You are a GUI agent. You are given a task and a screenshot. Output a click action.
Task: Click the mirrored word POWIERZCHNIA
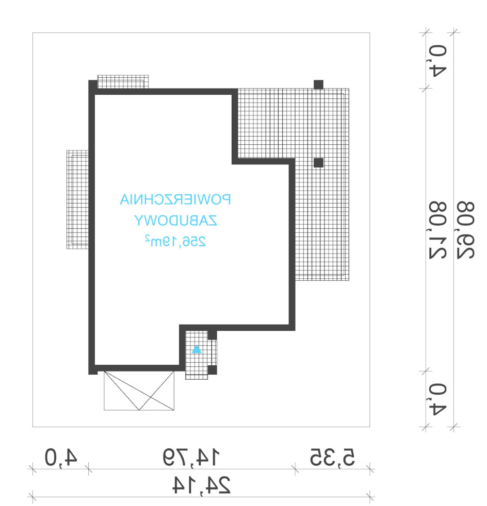pyautogui.click(x=175, y=199)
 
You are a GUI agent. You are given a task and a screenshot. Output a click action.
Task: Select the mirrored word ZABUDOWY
pyautogui.click(x=175, y=221)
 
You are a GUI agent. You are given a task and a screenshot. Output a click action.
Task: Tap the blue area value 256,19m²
pyautogui.click(x=175, y=241)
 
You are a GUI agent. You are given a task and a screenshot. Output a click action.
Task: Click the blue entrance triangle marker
pyautogui.click(x=197, y=349)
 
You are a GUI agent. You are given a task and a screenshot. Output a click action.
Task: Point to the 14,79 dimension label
pyautogui.click(x=191, y=457)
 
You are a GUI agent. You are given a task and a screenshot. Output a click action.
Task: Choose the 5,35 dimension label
pyautogui.click(x=333, y=457)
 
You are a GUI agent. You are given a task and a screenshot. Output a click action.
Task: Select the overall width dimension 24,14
pyautogui.click(x=201, y=485)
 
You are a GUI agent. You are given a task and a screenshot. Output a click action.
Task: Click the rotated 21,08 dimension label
pyautogui.click(x=438, y=230)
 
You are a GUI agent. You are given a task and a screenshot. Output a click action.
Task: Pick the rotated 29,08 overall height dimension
pyautogui.click(x=466, y=230)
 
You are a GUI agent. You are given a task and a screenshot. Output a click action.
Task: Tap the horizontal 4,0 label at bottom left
pyautogui.click(x=61, y=457)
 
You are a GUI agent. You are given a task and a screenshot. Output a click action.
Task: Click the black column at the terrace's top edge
pyautogui.click(x=318, y=85)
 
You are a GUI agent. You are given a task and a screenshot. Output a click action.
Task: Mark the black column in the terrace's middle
pyautogui.click(x=318, y=163)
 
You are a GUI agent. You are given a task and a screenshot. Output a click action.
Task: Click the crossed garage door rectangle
pyautogui.click(x=139, y=391)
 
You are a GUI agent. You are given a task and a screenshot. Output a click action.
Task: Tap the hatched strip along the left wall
pyautogui.click(x=77, y=199)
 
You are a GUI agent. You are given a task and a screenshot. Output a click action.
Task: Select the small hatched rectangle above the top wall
pyautogui.click(x=123, y=82)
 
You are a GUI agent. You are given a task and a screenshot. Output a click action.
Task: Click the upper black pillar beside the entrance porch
pyautogui.click(x=213, y=335)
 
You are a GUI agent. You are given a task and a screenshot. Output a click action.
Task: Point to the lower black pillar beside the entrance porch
pyautogui.click(x=213, y=370)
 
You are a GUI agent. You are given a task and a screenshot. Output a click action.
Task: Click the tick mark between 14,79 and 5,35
pyautogui.click(x=295, y=469)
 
